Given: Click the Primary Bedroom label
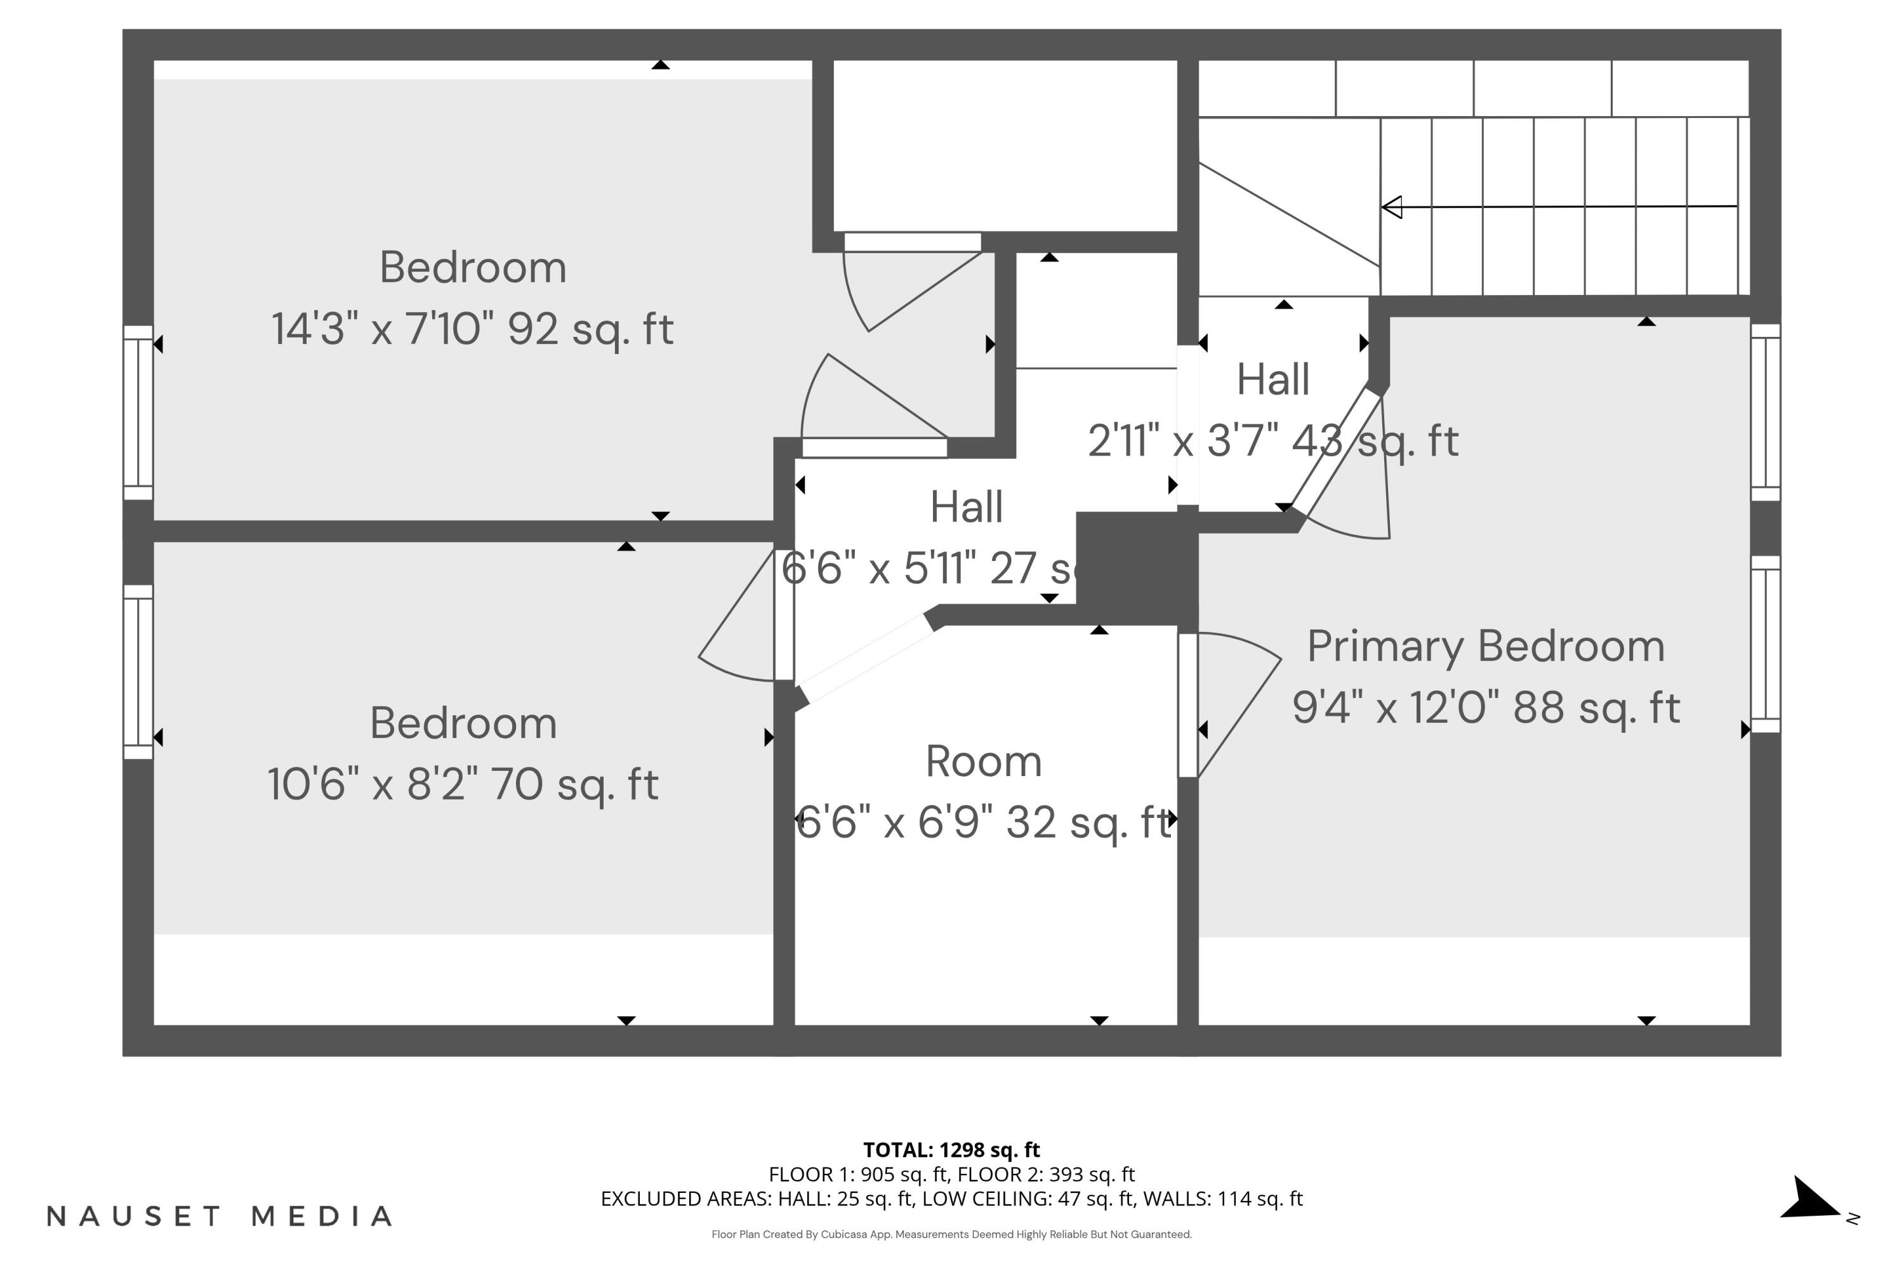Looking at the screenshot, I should point(1486,647).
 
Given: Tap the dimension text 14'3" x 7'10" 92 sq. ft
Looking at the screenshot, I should point(472,329).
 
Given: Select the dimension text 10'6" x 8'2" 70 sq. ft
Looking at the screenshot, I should point(463,784).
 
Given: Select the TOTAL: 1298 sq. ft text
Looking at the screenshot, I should point(951,1149).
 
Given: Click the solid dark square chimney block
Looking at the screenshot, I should point(1136,558).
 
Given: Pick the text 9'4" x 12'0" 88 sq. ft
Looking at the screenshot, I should point(1486,708).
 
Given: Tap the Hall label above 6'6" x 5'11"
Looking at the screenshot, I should point(966,508).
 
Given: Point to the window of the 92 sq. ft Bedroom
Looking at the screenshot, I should point(138,413).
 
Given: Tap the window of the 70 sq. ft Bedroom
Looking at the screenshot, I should point(138,672).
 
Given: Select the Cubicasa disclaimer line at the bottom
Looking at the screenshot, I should point(951,1234).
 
